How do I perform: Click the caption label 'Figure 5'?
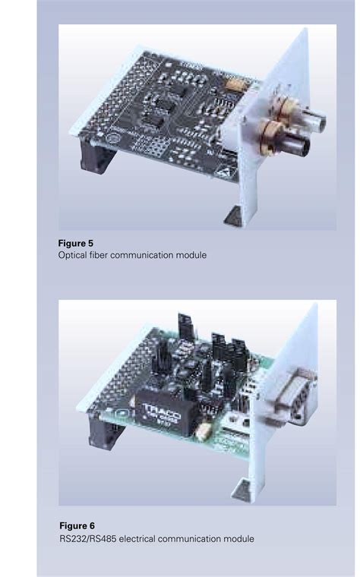pos(76,243)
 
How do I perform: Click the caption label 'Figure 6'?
pos(77,525)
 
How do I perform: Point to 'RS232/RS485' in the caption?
pos(86,539)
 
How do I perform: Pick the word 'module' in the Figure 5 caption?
pos(190,256)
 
